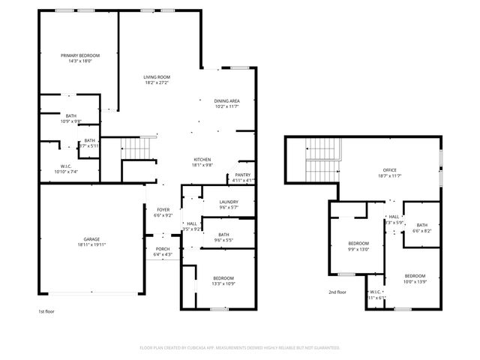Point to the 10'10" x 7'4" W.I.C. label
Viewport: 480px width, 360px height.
(68, 172)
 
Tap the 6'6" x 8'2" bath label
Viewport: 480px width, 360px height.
(421, 232)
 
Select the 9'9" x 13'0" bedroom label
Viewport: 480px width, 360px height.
(358, 250)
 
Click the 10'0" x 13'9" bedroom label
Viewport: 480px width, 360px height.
(415, 281)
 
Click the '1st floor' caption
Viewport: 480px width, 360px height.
(46, 310)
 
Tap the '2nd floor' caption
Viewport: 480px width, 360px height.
(337, 292)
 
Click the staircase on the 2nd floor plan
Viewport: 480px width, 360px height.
(322, 160)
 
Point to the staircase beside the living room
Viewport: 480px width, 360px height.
(136, 148)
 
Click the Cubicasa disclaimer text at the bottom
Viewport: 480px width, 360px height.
(240, 347)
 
